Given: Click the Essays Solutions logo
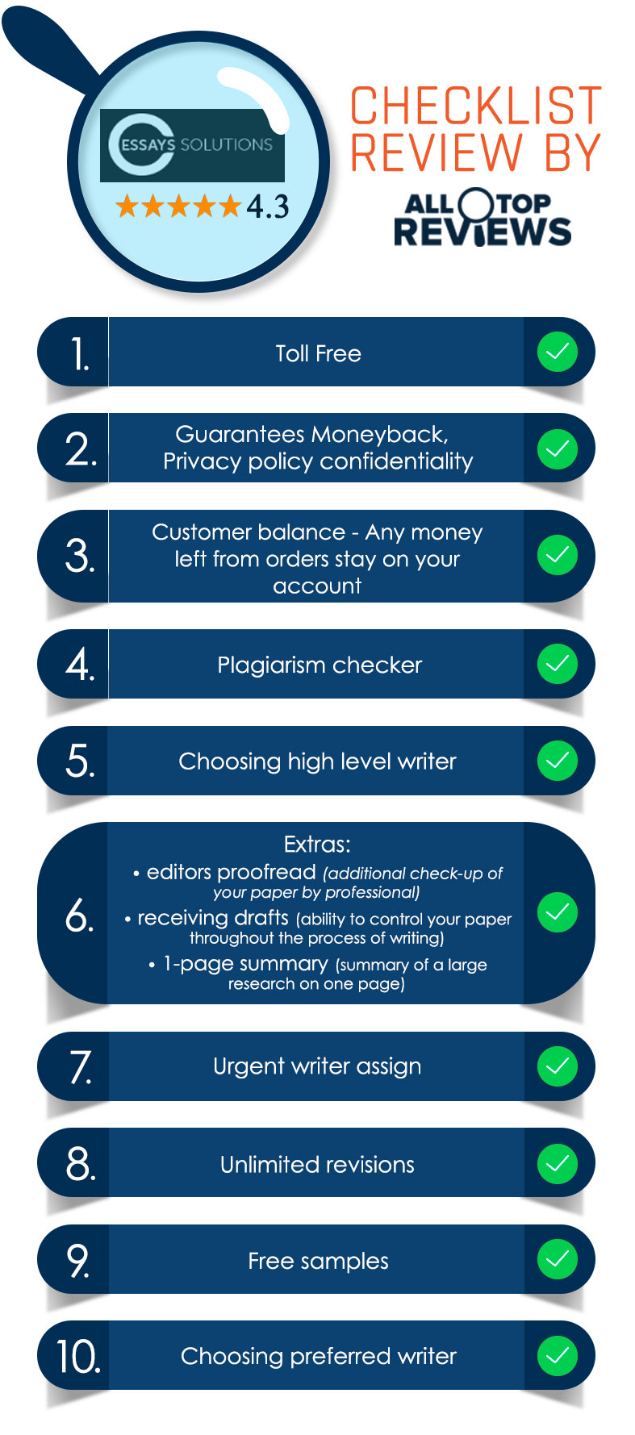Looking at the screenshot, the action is tap(192, 145).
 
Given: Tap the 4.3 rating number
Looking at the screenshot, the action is tap(268, 206).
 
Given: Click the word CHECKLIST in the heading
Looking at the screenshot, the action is tap(476, 106).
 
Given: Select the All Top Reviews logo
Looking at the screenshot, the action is tap(483, 217).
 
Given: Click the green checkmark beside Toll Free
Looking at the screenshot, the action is tap(558, 352).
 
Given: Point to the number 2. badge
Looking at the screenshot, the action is tap(81, 448).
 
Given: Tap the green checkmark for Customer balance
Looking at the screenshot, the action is tap(558, 555).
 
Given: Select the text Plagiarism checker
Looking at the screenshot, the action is tap(320, 665).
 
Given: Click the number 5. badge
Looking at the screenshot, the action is tap(80, 761).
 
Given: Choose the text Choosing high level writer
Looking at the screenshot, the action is tap(317, 761).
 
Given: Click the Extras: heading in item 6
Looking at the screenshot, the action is tap(317, 845).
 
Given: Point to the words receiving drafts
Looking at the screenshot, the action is tap(213, 918).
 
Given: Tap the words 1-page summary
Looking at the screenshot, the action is tap(245, 964).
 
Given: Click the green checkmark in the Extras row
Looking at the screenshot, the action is tap(558, 912).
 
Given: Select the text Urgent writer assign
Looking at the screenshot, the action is tap(317, 1066).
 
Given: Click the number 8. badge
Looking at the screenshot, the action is tap(81, 1164).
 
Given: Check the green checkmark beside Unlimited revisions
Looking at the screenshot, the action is tap(558, 1163).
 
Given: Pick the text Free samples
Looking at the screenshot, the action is tap(318, 1261).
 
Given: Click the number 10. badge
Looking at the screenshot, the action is tap(78, 1357).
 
